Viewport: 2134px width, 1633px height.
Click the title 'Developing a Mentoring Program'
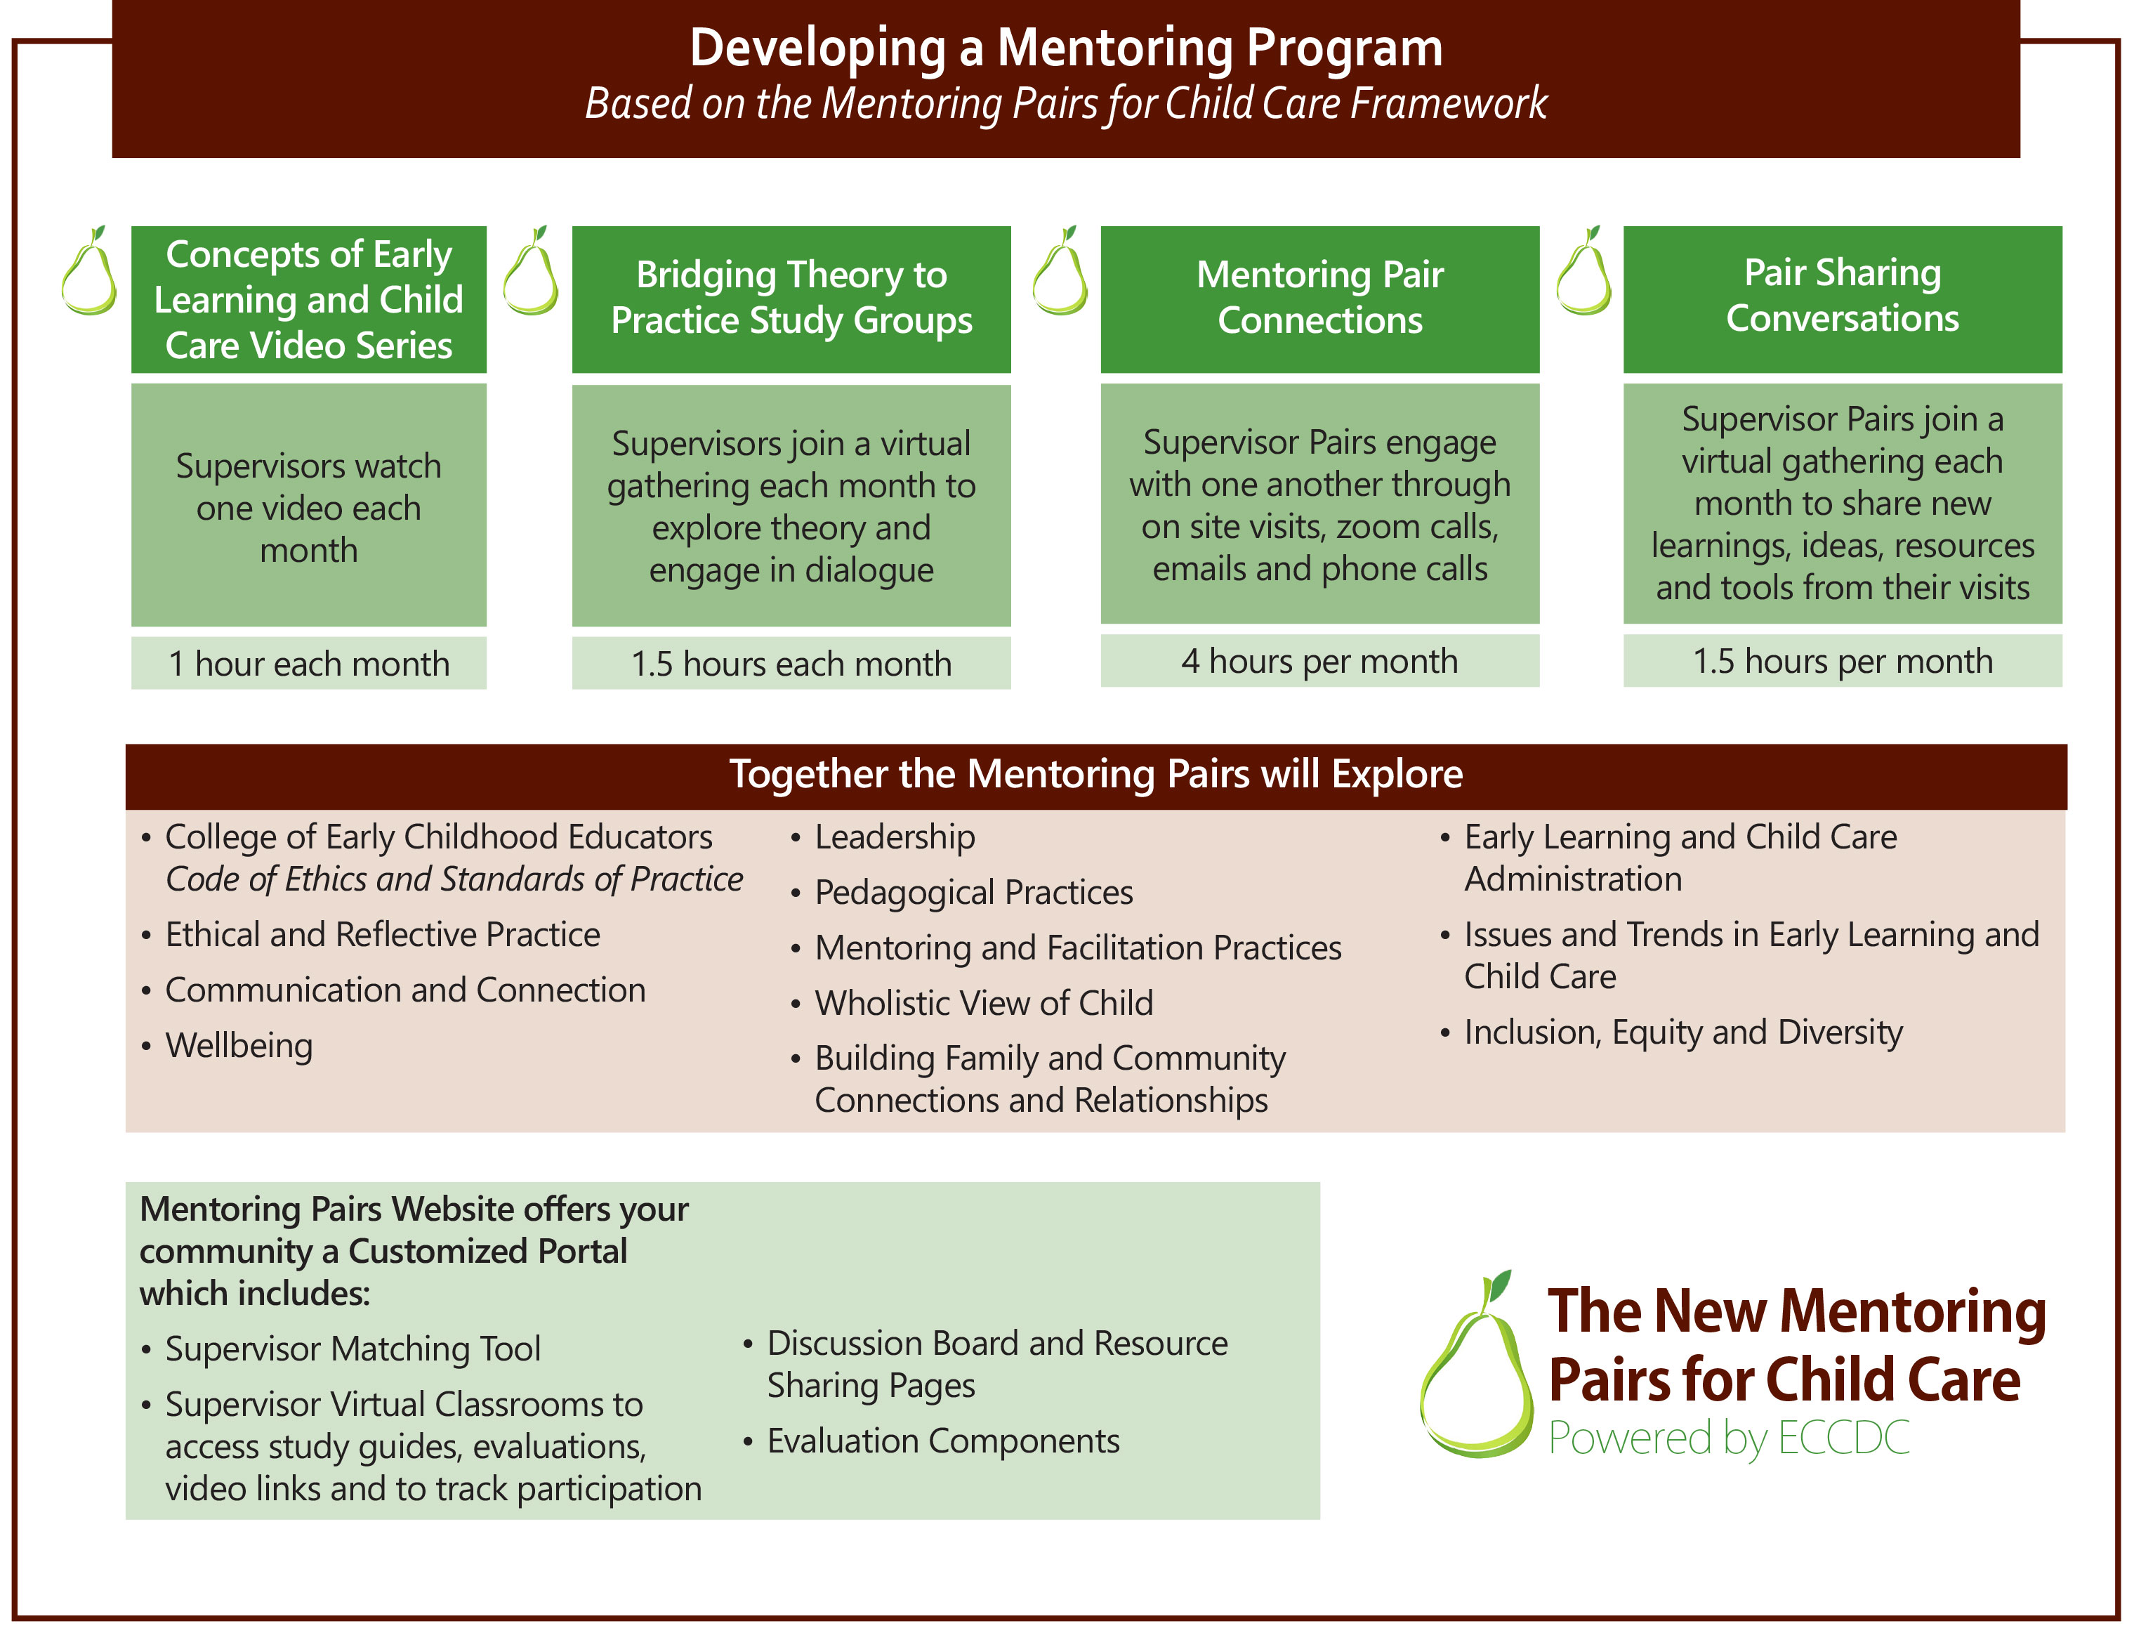click(x=1066, y=48)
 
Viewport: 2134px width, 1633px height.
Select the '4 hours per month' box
click(x=1319, y=661)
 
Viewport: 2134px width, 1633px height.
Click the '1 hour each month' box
click(x=309, y=663)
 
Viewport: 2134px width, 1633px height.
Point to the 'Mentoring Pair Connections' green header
click(x=1319, y=299)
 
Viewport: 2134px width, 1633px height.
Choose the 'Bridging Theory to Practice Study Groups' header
click(x=791, y=299)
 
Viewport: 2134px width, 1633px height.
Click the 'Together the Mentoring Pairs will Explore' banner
click(x=1096, y=775)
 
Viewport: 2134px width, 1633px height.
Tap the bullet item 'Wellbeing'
click(x=239, y=1046)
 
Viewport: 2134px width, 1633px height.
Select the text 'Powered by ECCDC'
click(x=1729, y=1438)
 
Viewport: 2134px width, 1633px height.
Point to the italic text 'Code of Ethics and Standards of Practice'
click(x=454, y=879)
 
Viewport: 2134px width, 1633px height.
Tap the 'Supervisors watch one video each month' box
click(x=309, y=506)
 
